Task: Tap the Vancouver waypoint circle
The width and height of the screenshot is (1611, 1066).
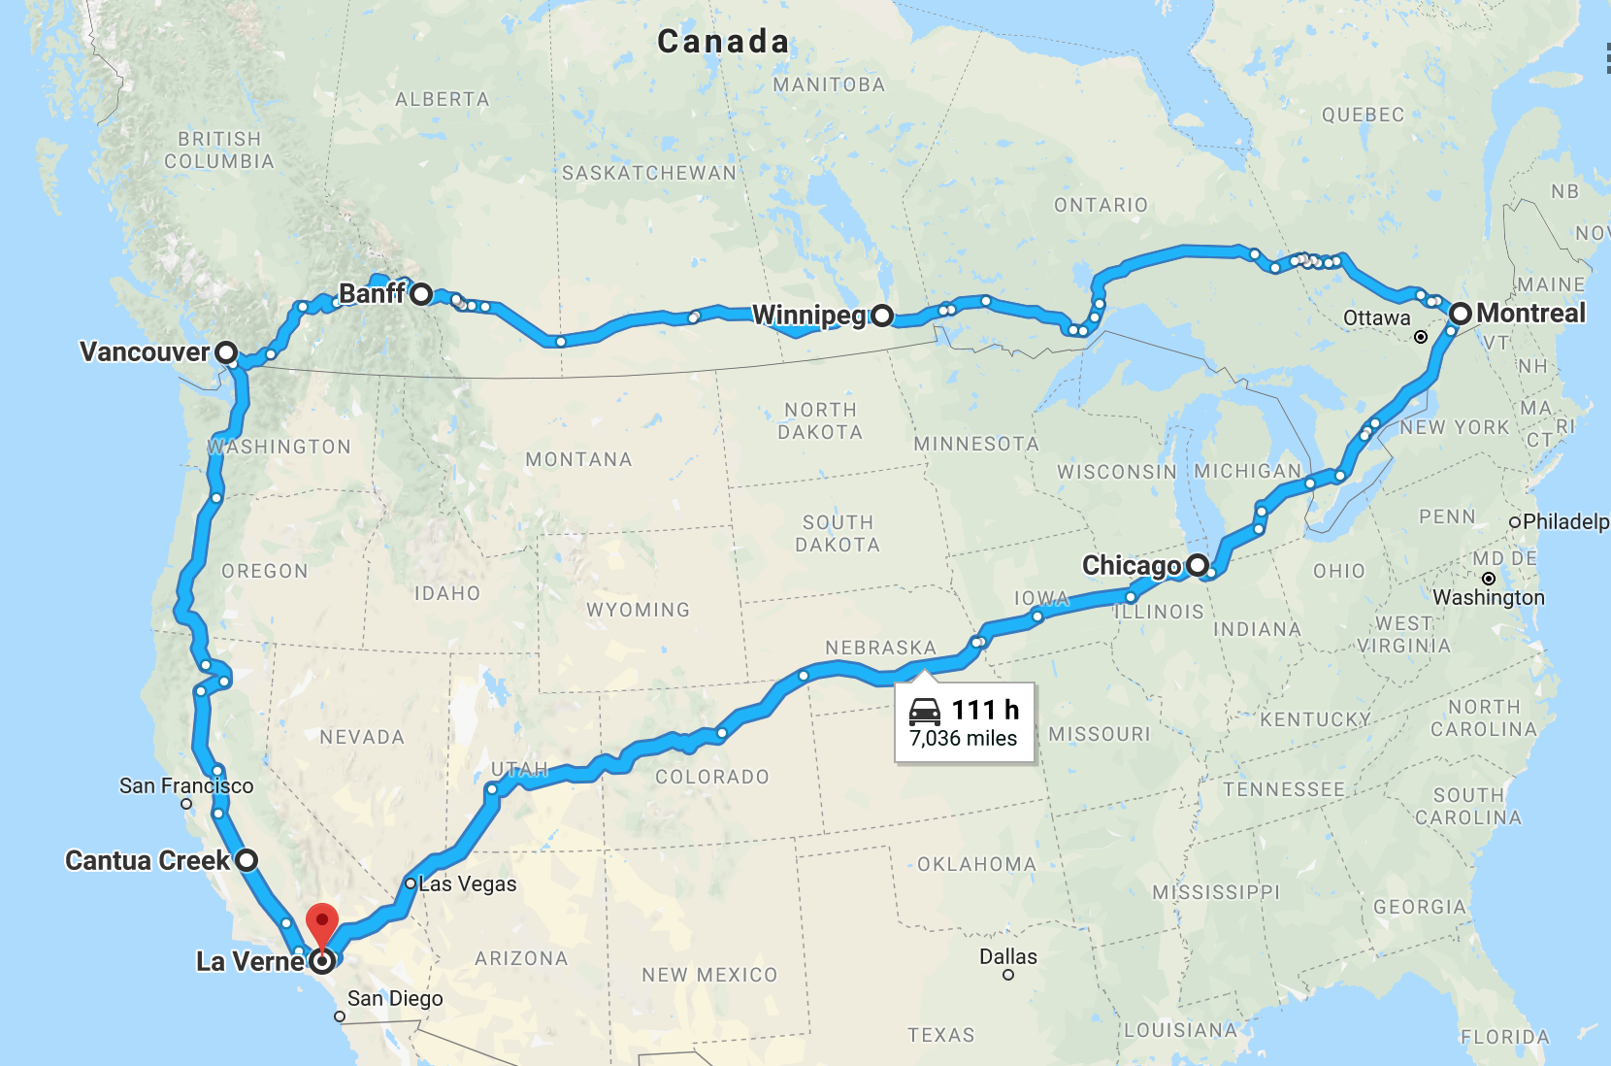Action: click(226, 352)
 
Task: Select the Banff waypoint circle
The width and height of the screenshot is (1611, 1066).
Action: click(421, 294)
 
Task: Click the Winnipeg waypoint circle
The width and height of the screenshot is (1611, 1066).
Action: click(881, 316)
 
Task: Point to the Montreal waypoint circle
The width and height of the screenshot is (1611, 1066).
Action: click(1461, 314)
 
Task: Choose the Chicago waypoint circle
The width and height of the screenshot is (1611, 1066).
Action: click(1198, 565)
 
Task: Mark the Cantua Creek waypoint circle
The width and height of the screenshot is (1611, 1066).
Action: click(247, 860)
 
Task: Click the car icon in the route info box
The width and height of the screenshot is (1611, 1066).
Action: click(925, 712)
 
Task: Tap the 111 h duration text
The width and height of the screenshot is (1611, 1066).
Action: click(985, 711)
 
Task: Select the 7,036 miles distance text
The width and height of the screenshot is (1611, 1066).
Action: click(964, 739)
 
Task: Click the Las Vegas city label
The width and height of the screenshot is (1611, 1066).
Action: click(468, 884)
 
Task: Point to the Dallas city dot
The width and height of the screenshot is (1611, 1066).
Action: click(1008, 975)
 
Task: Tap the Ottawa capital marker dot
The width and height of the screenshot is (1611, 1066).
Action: click(1421, 337)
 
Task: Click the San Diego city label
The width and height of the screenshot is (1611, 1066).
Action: click(395, 999)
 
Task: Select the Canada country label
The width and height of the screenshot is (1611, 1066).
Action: click(723, 42)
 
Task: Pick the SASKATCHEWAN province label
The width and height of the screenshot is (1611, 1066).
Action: click(649, 173)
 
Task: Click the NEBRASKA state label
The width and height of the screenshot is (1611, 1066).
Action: click(880, 648)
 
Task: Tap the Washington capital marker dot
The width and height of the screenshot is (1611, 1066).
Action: click(1489, 579)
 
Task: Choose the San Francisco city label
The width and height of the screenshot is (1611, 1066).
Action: click(186, 786)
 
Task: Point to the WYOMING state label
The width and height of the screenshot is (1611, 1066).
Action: click(638, 610)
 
